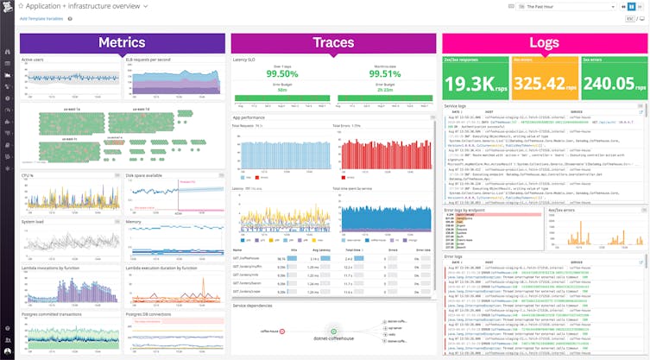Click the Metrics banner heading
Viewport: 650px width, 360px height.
121,42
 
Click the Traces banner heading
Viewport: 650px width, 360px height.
332,42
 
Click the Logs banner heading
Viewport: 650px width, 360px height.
544,42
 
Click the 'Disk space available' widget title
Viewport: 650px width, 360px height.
145,175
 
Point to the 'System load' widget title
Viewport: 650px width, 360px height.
33,222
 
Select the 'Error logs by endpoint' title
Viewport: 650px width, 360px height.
465,208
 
